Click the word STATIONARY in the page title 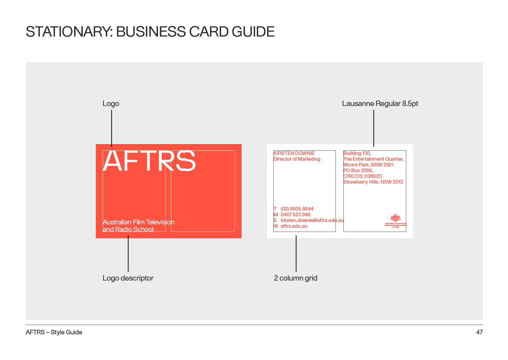click(x=69, y=31)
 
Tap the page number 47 click(x=479, y=332)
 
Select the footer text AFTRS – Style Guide click(x=54, y=332)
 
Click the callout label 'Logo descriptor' click(x=128, y=278)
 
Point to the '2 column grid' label click(x=295, y=278)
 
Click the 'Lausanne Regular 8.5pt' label click(x=380, y=104)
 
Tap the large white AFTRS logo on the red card click(x=149, y=161)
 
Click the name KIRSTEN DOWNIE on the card click(x=294, y=153)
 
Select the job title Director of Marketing click(x=297, y=159)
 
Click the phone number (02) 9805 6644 click(x=297, y=209)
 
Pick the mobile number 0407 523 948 click(x=295, y=214)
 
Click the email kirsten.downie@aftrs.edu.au click(x=312, y=220)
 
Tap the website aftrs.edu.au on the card click(x=294, y=226)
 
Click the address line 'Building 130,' click(x=357, y=153)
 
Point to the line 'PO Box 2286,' click(x=358, y=170)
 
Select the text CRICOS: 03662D click(x=363, y=176)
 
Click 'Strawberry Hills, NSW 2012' click(x=373, y=182)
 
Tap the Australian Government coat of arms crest click(x=396, y=218)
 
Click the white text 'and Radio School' click(x=128, y=229)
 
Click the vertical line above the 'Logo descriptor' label click(x=128, y=253)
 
